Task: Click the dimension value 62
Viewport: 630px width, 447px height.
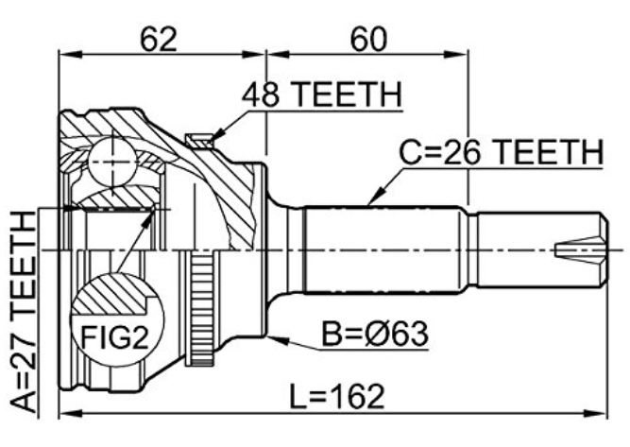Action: click(159, 39)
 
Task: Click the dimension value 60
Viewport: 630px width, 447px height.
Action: click(368, 39)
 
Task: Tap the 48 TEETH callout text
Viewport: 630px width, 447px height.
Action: click(322, 95)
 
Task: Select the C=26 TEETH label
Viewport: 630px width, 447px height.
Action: click(501, 152)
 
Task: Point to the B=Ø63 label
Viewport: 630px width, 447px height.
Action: click(375, 335)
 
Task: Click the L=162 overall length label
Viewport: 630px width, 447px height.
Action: click(337, 397)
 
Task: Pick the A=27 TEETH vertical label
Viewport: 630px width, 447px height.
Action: click(24, 313)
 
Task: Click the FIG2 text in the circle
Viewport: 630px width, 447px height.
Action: click(115, 337)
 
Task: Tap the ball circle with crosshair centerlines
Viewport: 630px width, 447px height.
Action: click(112, 162)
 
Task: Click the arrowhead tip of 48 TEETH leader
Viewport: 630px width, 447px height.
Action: click(212, 139)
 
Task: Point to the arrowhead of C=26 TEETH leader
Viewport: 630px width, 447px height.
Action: click(368, 205)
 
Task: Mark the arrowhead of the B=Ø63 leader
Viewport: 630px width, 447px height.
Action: click(268, 336)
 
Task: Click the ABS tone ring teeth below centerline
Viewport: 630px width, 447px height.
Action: click(202, 307)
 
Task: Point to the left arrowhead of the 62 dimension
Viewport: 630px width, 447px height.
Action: click(70, 54)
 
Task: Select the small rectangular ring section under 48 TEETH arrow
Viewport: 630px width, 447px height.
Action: click(199, 142)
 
